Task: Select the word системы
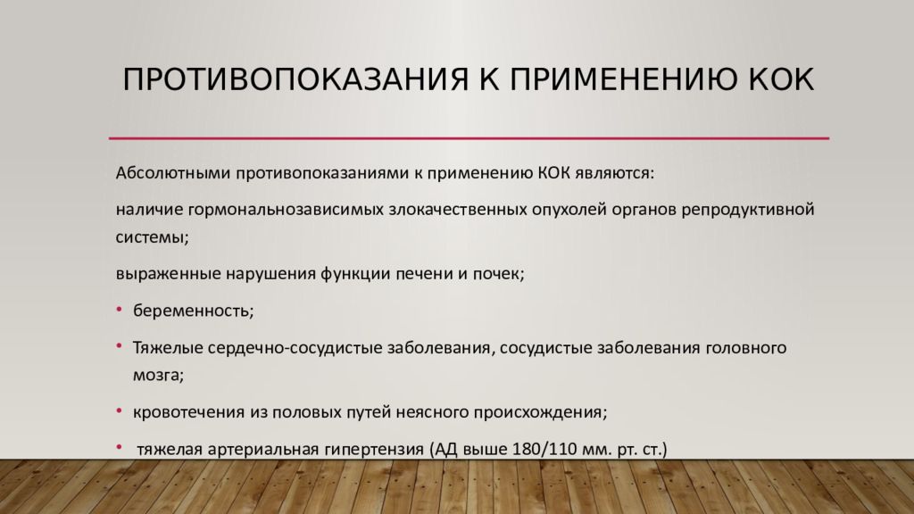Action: pyautogui.click(x=151, y=236)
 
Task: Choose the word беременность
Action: pyautogui.click(x=194, y=311)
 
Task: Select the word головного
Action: pyautogui.click(x=745, y=348)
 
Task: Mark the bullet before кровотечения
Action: pyautogui.click(x=120, y=411)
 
